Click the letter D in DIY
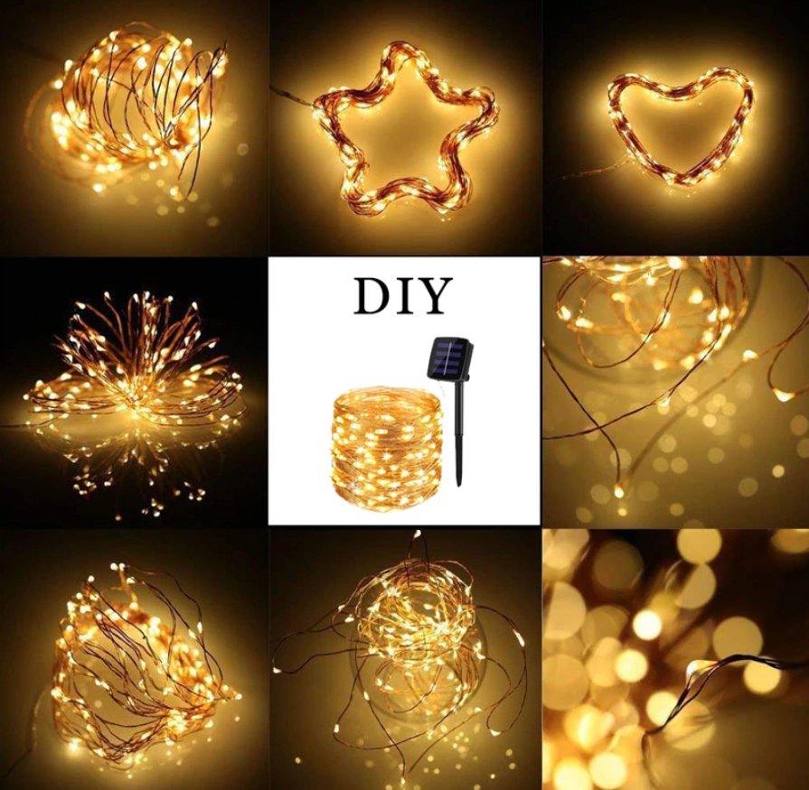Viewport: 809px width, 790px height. (372, 297)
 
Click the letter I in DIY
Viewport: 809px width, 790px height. (403, 297)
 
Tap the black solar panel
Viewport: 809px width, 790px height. (449, 358)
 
